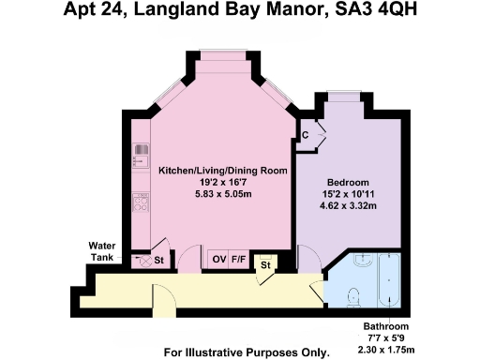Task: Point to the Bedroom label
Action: (x=347, y=181)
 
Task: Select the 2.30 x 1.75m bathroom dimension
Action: (x=387, y=348)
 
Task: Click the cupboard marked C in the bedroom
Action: (x=307, y=135)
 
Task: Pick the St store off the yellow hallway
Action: (x=265, y=266)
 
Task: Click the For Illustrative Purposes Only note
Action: (x=247, y=353)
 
